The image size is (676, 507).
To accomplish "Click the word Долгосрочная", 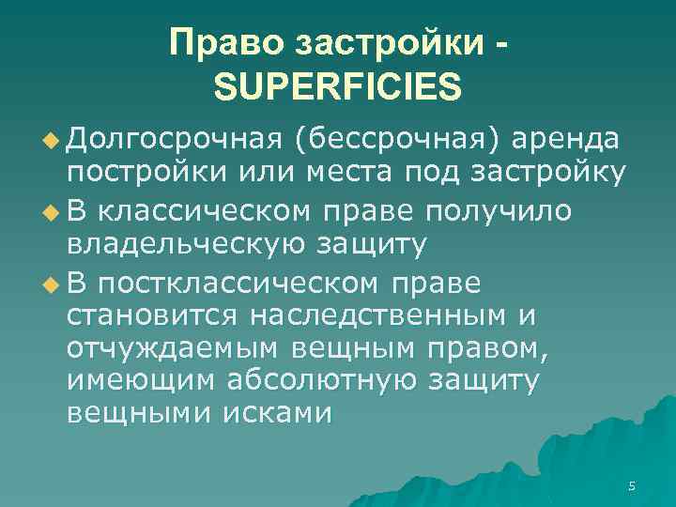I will point(175,140).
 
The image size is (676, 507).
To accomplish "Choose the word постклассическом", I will point(248,282).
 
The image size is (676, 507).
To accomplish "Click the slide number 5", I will point(632,486).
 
